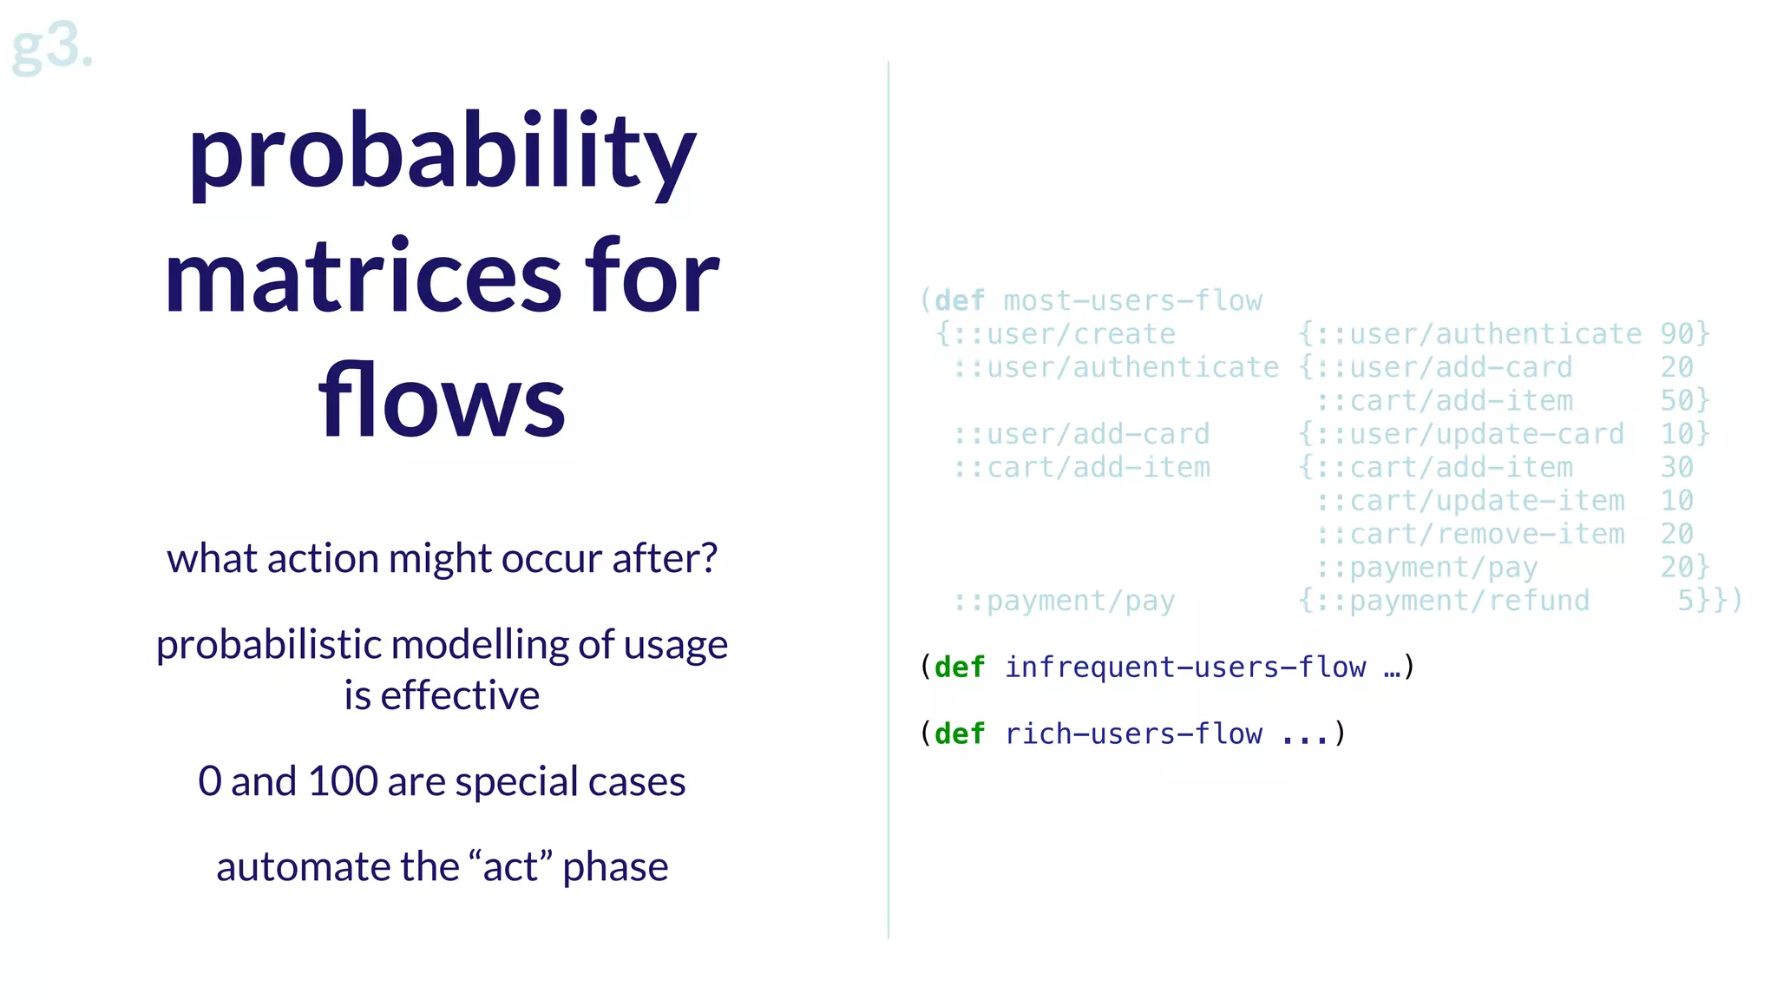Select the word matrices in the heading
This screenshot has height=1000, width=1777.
tap(364, 278)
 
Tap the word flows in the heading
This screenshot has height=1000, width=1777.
tap(442, 401)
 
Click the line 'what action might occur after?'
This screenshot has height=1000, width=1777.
tap(442, 558)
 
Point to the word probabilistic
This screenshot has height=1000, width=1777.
tap(269, 645)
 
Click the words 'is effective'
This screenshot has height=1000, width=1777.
tap(442, 695)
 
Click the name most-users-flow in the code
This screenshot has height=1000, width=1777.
tap(1132, 301)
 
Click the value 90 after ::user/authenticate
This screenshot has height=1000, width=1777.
tap(1676, 334)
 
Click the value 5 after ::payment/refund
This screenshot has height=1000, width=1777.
tap(1685, 601)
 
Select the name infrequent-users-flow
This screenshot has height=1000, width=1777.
tap(1184, 668)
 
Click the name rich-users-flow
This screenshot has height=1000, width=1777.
tap(1132, 734)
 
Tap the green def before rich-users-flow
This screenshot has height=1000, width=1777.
tap(960, 734)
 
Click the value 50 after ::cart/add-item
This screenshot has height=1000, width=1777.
tap(1676, 401)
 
